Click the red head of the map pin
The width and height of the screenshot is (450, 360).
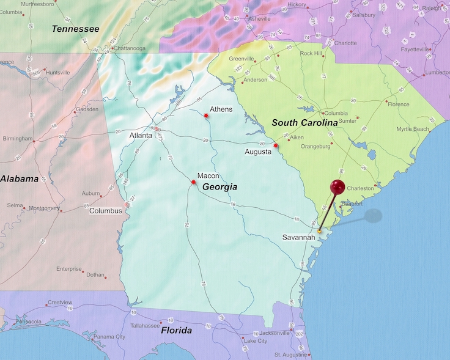click(x=337, y=187)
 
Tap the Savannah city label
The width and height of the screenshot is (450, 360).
click(x=300, y=237)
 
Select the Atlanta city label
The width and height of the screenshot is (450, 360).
click(x=141, y=135)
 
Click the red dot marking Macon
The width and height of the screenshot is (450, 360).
click(x=193, y=182)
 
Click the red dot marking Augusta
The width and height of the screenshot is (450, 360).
click(x=276, y=145)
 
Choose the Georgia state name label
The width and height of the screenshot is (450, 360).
click(x=219, y=187)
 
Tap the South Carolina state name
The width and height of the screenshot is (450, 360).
click(x=304, y=123)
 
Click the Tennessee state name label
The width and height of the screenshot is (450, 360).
click(x=75, y=29)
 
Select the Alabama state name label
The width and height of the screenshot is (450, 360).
click(x=19, y=179)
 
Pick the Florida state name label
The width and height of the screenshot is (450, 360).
click(x=176, y=331)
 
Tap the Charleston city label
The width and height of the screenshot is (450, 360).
click(x=360, y=188)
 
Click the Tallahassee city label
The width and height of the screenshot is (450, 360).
click(x=145, y=326)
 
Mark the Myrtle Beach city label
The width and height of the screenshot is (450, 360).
click(x=413, y=129)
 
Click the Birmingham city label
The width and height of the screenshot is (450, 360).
click(x=17, y=139)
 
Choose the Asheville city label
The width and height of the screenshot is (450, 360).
click(x=259, y=19)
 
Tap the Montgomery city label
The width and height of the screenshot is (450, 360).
click(x=45, y=208)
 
